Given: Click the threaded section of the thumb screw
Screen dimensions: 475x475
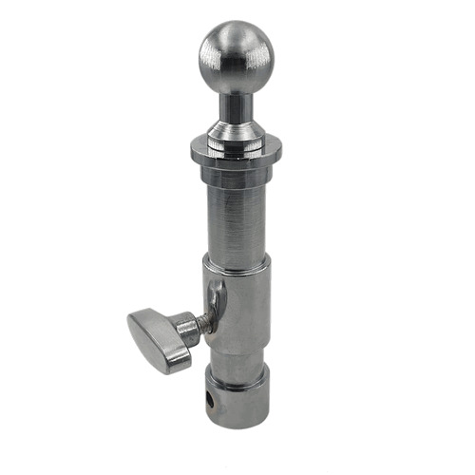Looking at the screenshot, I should [194, 328].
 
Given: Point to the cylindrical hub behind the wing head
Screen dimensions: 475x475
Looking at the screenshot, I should [180, 334].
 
